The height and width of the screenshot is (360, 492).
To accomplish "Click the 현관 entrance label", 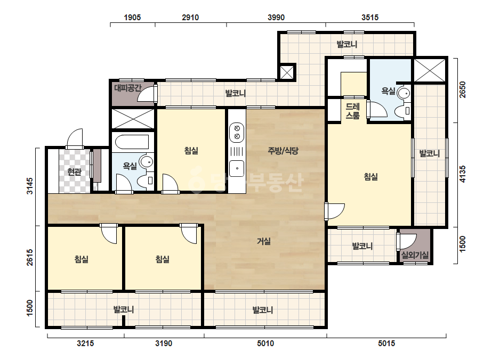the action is (75, 172).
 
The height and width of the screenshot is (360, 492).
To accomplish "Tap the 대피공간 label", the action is (128, 88).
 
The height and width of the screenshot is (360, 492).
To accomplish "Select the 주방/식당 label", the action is (283, 151).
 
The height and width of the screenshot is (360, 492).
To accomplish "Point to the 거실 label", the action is (264, 241).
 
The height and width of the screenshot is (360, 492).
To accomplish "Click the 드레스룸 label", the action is (352, 111).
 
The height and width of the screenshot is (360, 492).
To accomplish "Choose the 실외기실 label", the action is (415, 255).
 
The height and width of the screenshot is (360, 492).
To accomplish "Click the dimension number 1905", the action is (132, 17).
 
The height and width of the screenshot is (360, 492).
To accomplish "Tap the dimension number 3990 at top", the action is (276, 17).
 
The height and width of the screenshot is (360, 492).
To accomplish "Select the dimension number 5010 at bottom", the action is (265, 343).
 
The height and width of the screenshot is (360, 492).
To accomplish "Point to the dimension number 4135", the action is (463, 174).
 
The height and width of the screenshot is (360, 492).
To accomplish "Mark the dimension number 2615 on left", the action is (29, 257).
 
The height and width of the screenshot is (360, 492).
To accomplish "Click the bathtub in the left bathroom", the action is (132, 142).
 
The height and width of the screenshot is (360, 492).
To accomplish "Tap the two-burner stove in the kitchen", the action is (237, 132).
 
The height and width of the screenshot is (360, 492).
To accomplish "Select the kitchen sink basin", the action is (237, 168).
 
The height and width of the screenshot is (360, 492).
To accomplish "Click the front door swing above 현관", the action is (75, 138).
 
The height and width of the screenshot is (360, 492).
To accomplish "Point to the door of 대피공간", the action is (147, 93).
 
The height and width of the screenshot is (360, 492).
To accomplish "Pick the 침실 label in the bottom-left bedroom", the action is (81, 259).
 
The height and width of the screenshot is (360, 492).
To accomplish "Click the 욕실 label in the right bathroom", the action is (388, 91).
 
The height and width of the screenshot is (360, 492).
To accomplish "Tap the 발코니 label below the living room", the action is (263, 310).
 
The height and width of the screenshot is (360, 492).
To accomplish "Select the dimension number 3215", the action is (85, 343).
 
